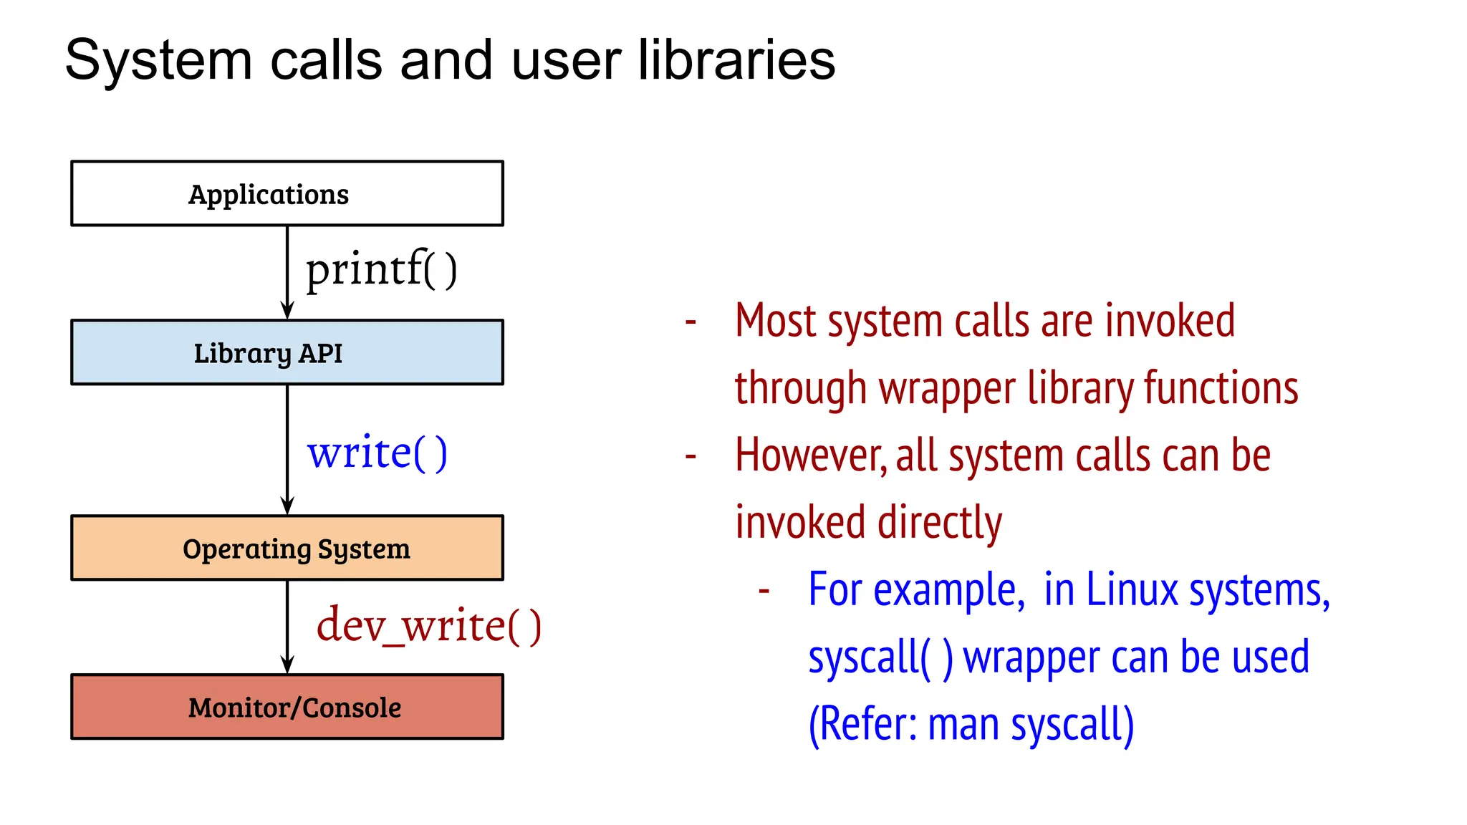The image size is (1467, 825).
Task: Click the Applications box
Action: tap(287, 193)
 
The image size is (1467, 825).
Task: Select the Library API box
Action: tap(287, 352)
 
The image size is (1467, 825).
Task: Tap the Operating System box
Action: tap(287, 548)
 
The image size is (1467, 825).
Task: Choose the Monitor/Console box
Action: tap(287, 707)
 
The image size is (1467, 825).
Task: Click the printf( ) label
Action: tap(381, 270)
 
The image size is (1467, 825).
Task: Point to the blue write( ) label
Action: tap(377, 453)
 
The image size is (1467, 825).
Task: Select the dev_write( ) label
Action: tap(428, 626)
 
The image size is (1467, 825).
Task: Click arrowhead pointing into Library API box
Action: tap(287, 311)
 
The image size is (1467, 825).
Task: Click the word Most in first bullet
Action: tap(776, 321)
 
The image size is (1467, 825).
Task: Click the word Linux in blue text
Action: tap(1132, 590)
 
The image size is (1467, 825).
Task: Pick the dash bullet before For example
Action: tap(764, 591)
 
